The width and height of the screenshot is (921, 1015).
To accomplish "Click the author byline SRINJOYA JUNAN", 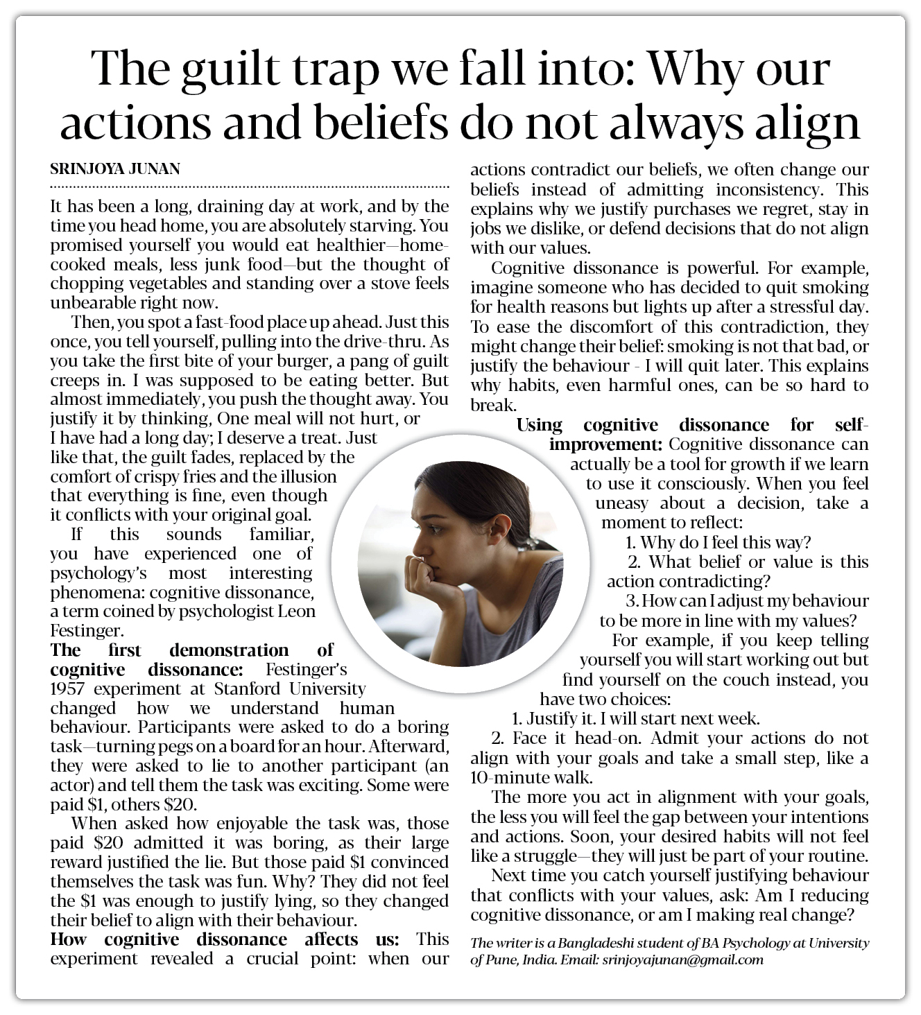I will [x=114, y=169].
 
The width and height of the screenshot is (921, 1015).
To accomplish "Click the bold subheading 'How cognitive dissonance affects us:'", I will [x=224, y=940].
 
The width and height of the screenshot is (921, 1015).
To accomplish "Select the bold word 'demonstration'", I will [x=229, y=650].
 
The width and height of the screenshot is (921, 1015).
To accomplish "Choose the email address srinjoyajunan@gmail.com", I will [x=682, y=960].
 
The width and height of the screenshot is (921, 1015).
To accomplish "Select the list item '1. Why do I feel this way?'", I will [x=718, y=543].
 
